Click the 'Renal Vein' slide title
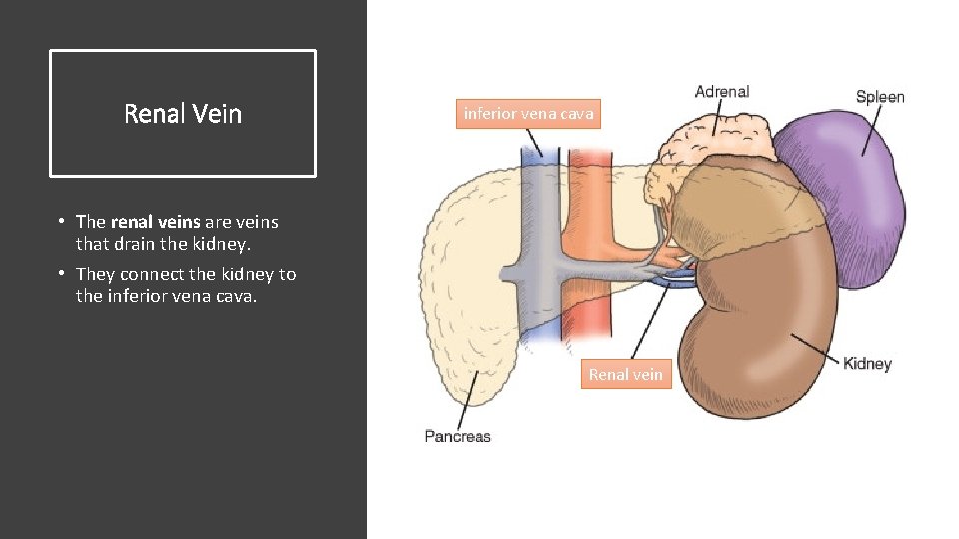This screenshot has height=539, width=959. click(x=183, y=114)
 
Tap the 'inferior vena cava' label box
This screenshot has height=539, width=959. click(x=528, y=113)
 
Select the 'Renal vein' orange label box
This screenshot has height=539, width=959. click(x=625, y=374)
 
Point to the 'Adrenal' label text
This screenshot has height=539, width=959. click(x=721, y=92)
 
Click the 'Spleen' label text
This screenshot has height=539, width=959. click(x=880, y=97)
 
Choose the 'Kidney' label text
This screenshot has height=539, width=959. click(x=866, y=363)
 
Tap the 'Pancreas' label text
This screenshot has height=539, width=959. click(x=458, y=436)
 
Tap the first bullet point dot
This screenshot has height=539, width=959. click(x=61, y=222)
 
